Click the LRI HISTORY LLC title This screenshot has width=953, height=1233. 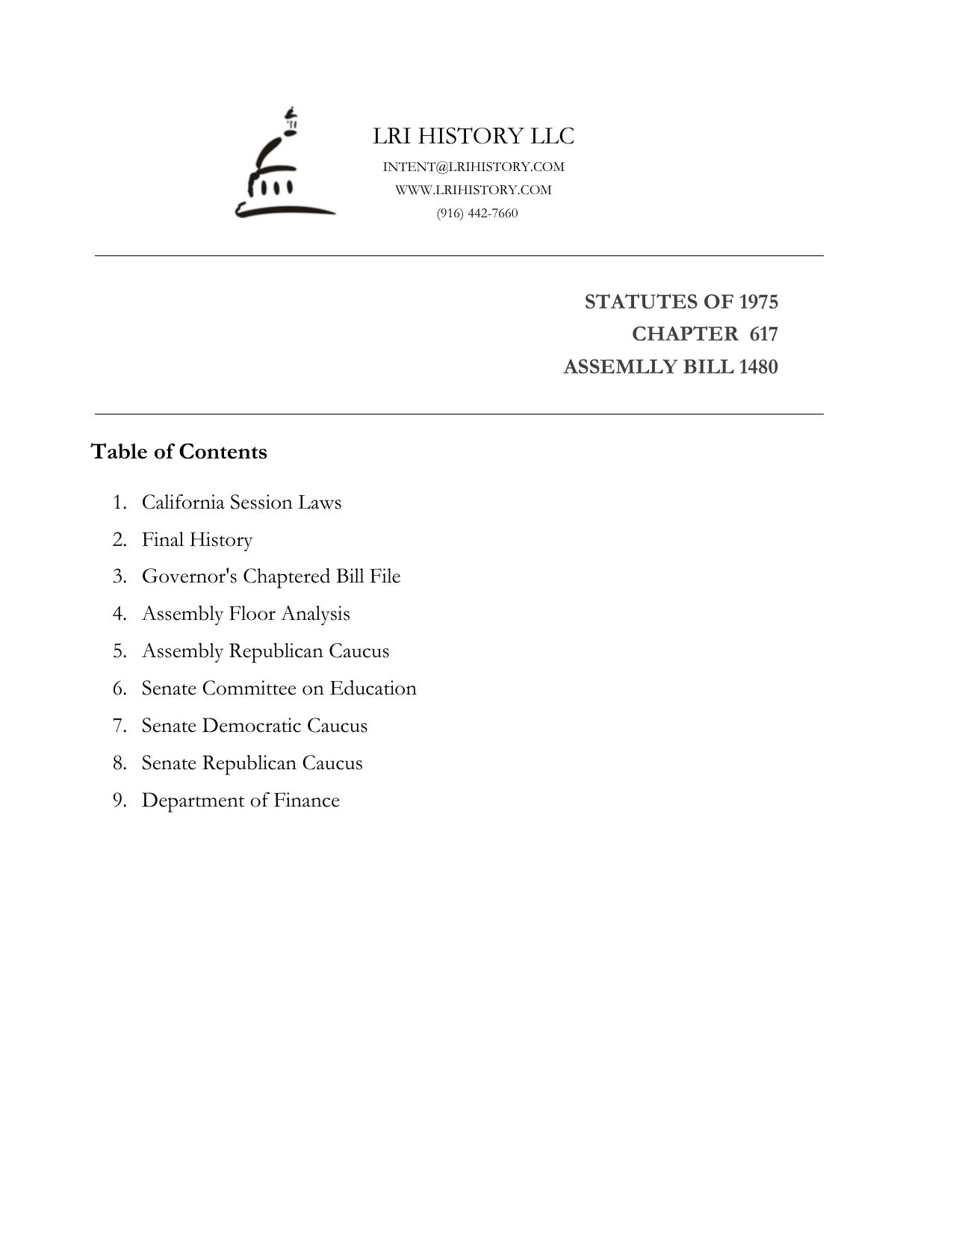474,136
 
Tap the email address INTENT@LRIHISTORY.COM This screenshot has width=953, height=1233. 474,167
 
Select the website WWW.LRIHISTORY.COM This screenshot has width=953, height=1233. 474,190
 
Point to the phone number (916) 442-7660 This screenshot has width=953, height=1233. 477,214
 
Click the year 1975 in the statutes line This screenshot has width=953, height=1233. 758,302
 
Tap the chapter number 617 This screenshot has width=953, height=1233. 763,334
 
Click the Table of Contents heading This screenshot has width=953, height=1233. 179,452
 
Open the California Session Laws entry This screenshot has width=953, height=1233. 241,502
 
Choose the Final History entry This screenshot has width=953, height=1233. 197,539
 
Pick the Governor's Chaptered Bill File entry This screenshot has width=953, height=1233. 271,577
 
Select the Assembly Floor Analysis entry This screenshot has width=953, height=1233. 246,614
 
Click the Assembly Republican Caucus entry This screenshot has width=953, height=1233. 265,651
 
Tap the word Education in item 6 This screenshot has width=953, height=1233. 373,689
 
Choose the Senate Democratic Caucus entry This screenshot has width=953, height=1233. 255,726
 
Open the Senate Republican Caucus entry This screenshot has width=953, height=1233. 252,763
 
